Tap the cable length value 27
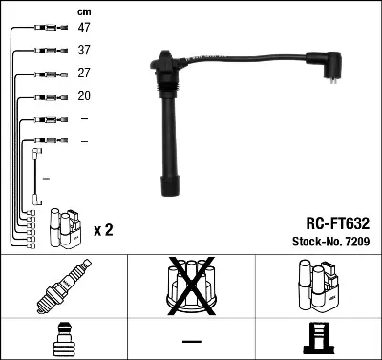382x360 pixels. coord(84,74)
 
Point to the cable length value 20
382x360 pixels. coord(84,96)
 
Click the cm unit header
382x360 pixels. coord(83,11)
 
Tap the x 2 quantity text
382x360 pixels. coord(103,230)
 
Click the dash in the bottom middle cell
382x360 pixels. coord(191,341)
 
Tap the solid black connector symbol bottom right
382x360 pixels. coord(318,340)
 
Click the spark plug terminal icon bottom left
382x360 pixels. coord(63,340)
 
